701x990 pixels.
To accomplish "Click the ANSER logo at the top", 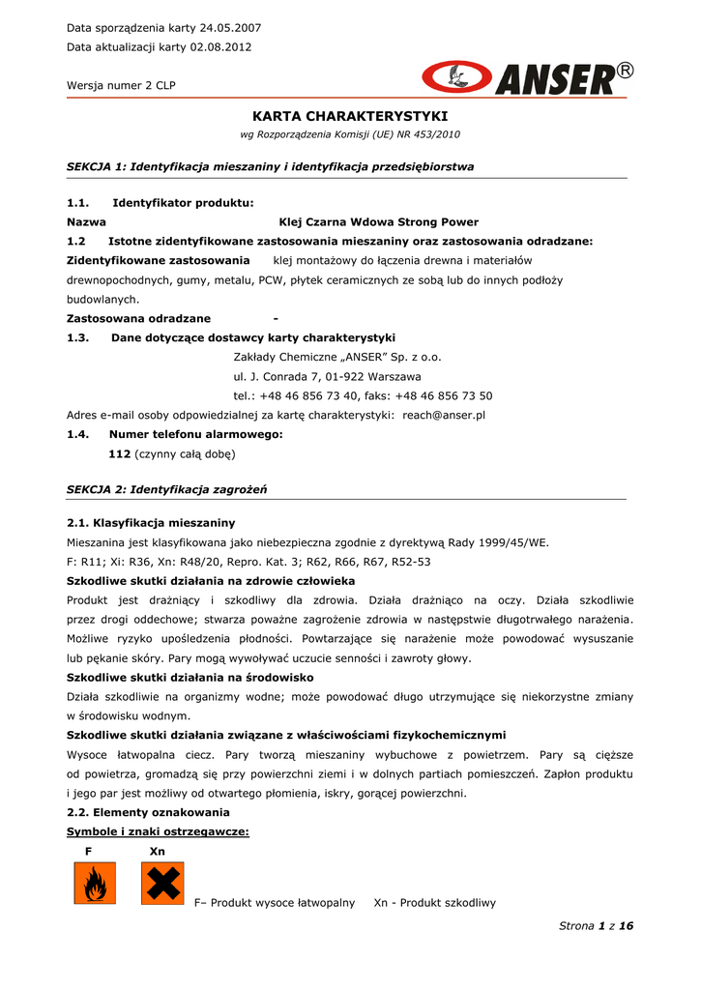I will [528, 78].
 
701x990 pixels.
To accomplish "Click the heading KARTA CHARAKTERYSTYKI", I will [349, 116].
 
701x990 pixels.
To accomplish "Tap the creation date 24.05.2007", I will [229, 28].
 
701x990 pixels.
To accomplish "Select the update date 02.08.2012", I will [222, 47].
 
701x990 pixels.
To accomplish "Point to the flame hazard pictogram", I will [95, 884].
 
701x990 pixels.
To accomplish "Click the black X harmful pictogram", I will [161, 884].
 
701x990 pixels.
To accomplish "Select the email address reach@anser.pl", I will [444, 415].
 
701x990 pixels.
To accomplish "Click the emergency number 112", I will [120, 453].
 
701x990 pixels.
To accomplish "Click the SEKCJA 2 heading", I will [166, 490].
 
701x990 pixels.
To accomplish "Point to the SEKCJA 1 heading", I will [270, 166].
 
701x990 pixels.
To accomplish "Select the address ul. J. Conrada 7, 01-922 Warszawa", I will [327, 376].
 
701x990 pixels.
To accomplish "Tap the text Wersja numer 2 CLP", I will [121, 85].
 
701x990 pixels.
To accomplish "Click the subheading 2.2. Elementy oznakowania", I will [148, 812].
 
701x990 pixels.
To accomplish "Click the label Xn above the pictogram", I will [158, 851].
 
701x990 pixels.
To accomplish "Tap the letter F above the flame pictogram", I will [89, 851].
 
